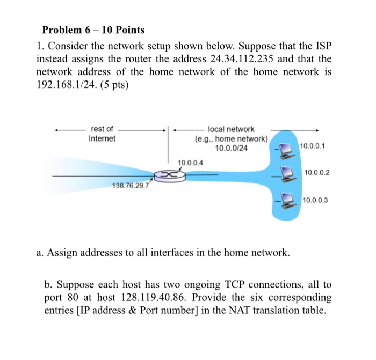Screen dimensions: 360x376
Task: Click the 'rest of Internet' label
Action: click(x=102, y=134)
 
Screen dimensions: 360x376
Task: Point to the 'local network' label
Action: click(x=231, y=129)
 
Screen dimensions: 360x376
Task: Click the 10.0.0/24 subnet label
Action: click(x=231, y=148)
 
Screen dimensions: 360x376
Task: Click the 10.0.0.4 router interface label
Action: click(x=190, y=163)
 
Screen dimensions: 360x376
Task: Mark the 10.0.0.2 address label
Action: click(x=316, y=172)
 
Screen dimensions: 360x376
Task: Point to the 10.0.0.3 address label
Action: click(x=315, y=200)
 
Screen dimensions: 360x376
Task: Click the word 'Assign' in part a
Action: click(x=64, y=252)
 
